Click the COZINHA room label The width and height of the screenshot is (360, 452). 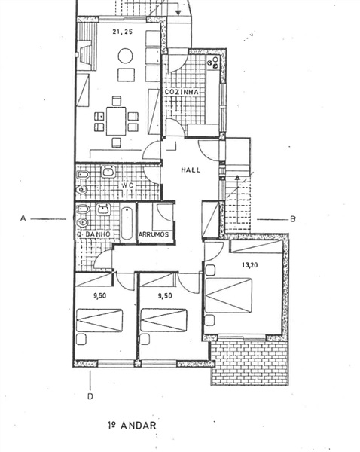click(x=182, y=92)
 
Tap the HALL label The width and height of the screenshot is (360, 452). click(x=191, y=169)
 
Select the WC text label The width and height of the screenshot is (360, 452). click(x=127, y=185)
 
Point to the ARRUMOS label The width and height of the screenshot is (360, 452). click(x=154, y=234)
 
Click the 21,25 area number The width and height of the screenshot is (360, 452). click(x=123, y=32)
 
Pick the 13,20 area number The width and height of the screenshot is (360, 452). click(x=249, y=265)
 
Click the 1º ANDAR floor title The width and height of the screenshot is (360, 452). click(x=133, y=425)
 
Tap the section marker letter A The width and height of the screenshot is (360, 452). click(x=23, y=218)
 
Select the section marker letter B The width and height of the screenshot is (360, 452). click(x=293, y=219)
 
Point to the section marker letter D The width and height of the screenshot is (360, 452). click(x=90, y=396)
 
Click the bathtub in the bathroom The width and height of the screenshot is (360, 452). click(x=127, y=224)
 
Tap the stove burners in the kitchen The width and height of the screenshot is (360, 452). click(x=214, y=63)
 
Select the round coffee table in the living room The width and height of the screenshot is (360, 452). click(x=125, y=56)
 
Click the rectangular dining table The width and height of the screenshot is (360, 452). click(x=116, y=121)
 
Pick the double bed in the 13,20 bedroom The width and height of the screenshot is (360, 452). click(x=228, y=295)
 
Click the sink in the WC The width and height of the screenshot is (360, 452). click(x=108, y=172)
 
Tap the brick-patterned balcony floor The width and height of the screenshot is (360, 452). click(x=249, y=363)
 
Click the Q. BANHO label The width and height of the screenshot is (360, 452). click(x=93, y=234)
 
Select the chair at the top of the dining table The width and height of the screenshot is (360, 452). click(x=117, y=101)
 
